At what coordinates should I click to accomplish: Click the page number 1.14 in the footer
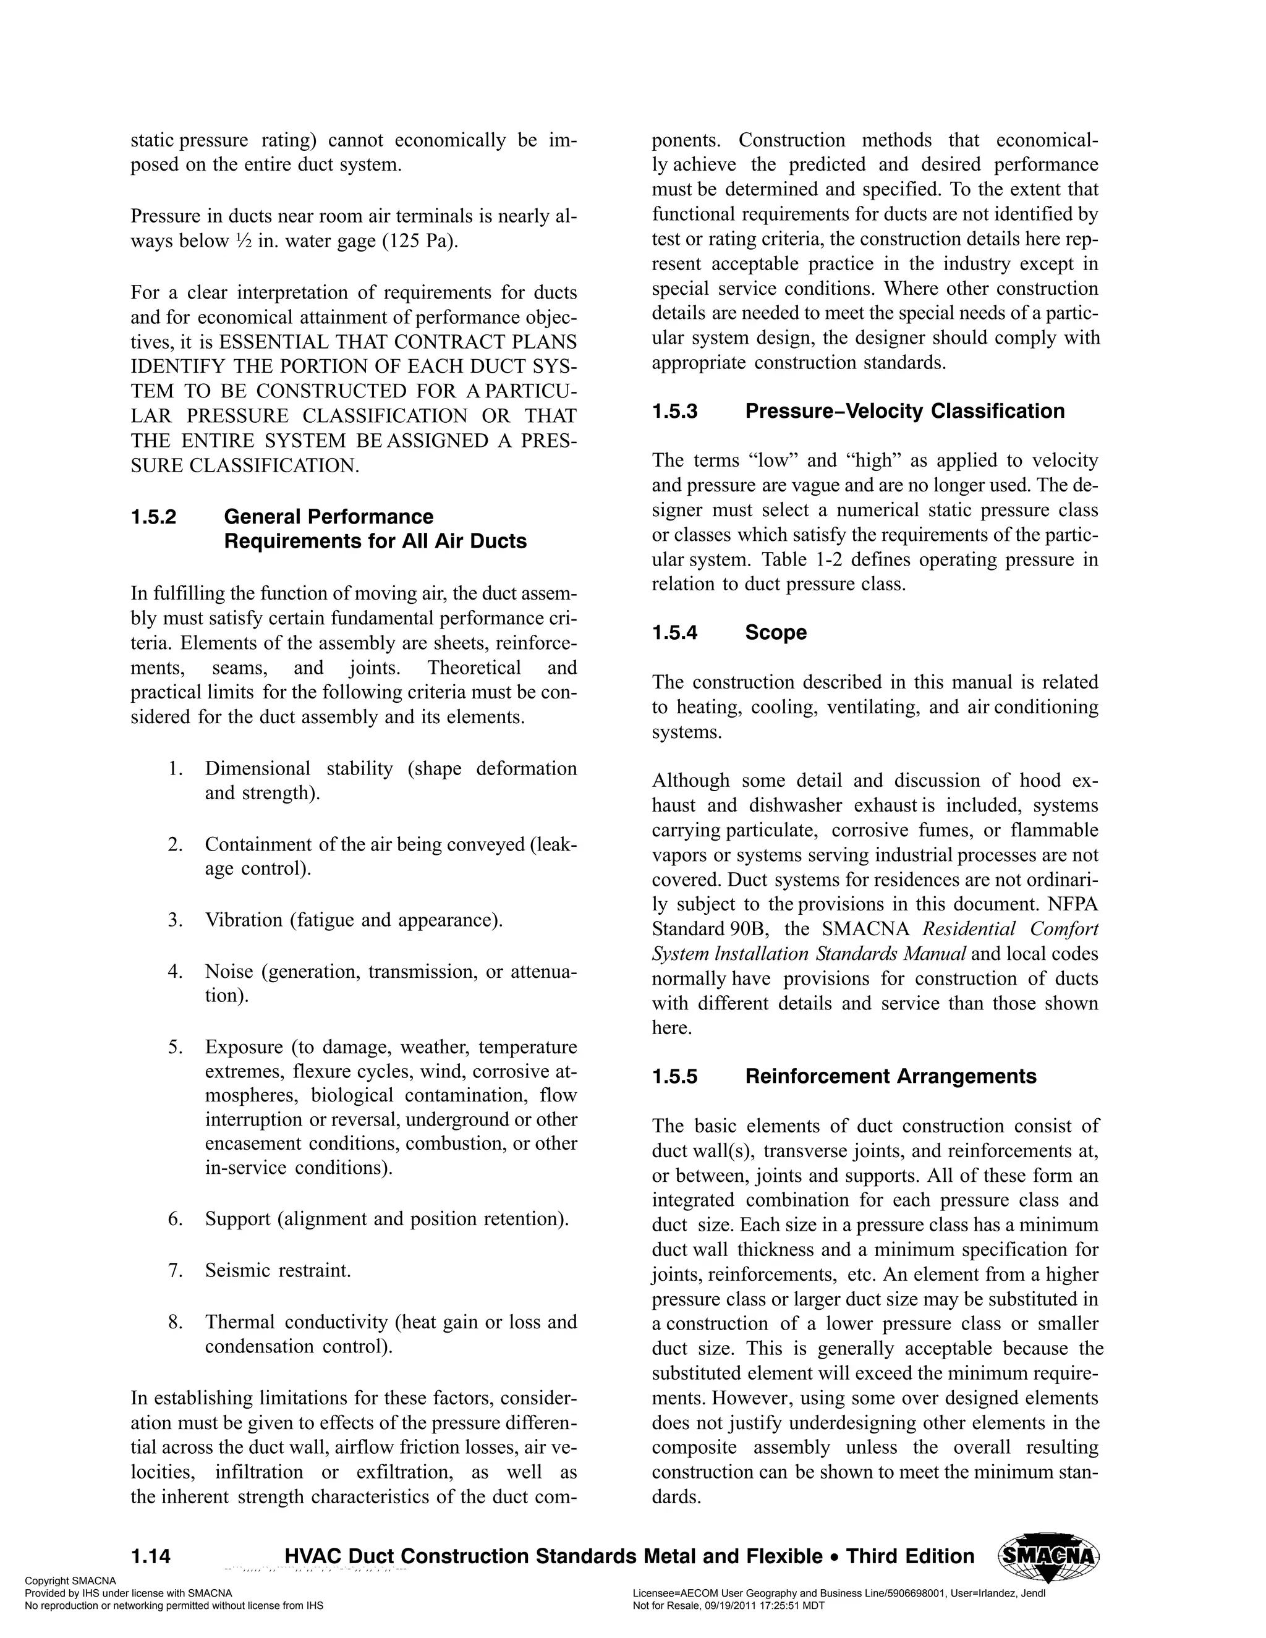tap(151, 1556)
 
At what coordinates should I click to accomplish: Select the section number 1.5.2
tap(154, 517)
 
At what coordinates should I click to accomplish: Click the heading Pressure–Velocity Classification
tap(904, 411)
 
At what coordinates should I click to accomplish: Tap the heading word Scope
tap(776, 632)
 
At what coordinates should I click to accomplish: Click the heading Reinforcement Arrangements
tap(890, 1076)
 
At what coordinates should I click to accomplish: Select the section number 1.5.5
tap(674, 1076)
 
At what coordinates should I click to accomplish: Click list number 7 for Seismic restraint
tap(176, 1270)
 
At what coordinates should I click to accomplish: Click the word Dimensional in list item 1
tap(257, 769)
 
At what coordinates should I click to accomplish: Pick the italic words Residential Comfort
tap(1009, 929)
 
